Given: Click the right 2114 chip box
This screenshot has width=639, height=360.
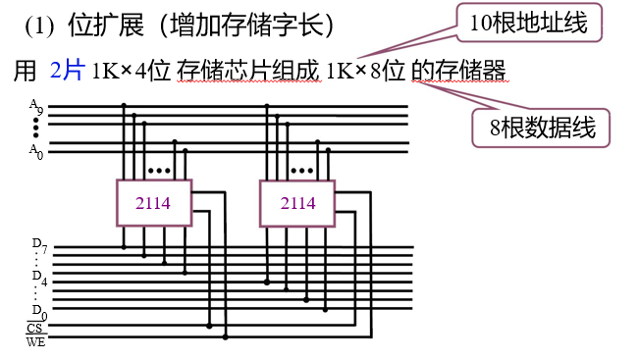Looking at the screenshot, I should (297, 202).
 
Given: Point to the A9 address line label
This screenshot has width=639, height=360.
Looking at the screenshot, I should (36, 107).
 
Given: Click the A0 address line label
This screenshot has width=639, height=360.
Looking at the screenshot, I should (35, 149).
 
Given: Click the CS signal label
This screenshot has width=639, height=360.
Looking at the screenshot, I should (35, 328).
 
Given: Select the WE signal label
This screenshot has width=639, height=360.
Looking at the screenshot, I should (35, 341).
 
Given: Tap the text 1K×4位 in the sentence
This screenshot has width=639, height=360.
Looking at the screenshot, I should (132, 71).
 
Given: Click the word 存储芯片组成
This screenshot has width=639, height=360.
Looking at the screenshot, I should (249, 71).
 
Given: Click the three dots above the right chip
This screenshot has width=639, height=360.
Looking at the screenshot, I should (301, 170).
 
